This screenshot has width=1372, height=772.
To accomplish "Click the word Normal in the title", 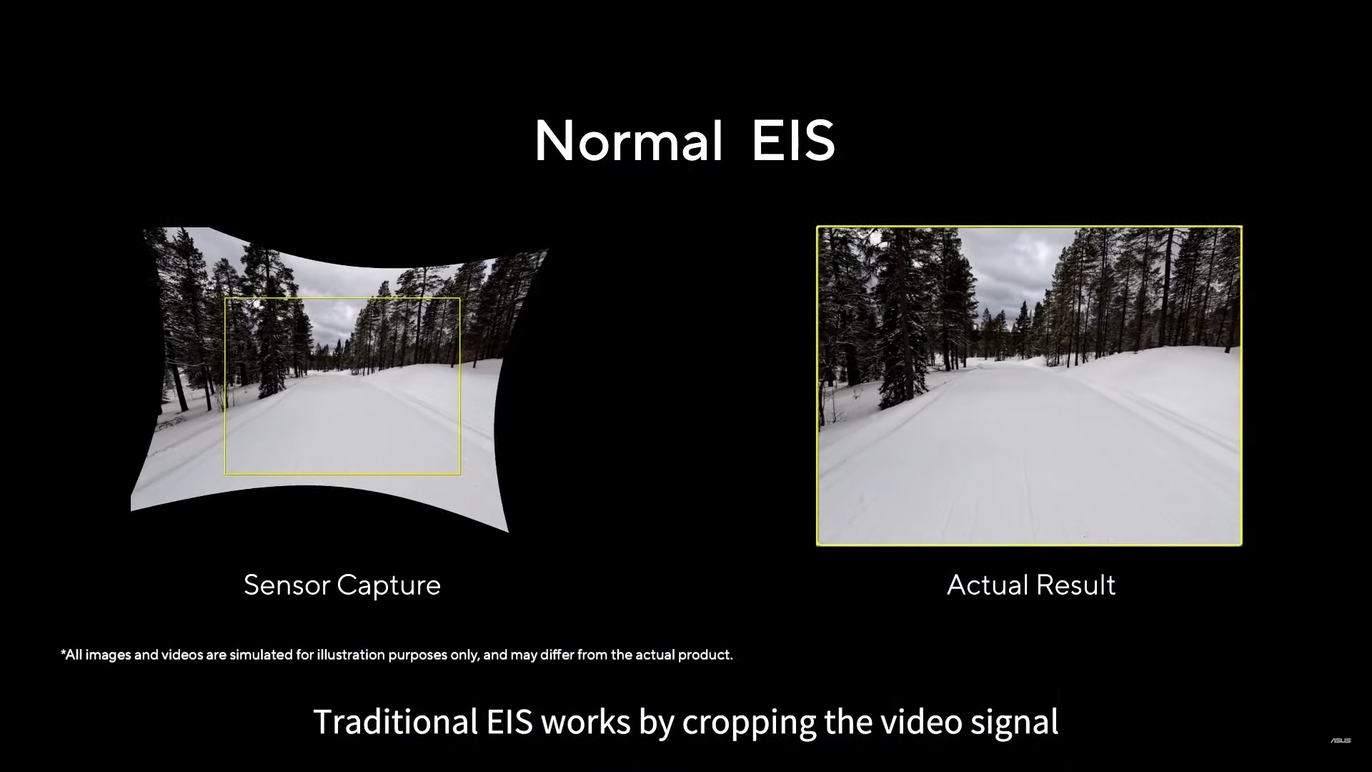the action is (629, 141).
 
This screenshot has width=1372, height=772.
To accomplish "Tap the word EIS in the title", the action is (793, 141).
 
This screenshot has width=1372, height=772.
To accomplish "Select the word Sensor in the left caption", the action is (286, 585).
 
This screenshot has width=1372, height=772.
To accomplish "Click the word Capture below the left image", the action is (389, 586).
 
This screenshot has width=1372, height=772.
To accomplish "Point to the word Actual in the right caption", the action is (988, 585).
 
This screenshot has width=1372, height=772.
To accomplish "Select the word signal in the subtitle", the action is (1015, 723).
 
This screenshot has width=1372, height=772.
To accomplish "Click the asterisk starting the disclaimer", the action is (63, 652).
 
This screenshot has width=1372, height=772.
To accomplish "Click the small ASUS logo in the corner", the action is (1341, 741).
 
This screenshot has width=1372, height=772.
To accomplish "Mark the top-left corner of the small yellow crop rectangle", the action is (225, 298).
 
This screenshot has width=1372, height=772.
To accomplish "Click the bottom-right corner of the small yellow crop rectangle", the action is (460, 474).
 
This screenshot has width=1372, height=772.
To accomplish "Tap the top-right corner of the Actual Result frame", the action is (1241, 227).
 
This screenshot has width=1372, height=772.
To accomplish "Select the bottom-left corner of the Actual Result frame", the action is (817, 545).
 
